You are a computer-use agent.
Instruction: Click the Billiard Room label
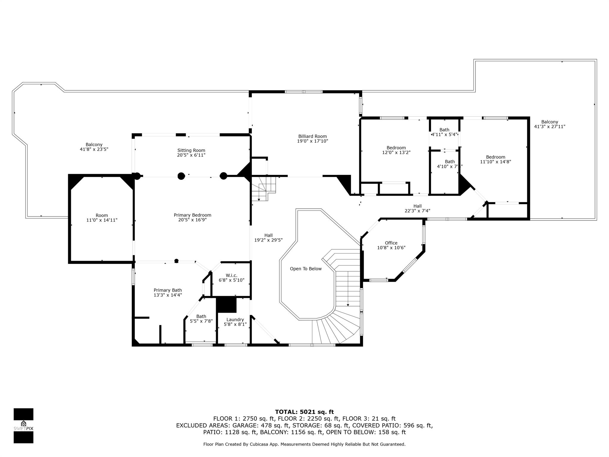312,136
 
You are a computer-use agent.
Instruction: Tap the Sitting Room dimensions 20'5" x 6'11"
191,155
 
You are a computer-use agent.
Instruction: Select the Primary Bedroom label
192,215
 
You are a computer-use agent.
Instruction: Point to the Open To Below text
306,269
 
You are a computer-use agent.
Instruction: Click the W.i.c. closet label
231,276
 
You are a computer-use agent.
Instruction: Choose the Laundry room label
235,320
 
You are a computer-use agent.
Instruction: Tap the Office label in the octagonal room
391,243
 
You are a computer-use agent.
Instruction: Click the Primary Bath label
168,290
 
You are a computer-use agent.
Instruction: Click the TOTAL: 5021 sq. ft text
304,412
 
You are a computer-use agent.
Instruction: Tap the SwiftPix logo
23,425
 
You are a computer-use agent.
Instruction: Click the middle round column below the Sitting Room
181,176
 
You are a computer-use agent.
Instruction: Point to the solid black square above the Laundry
226,305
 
